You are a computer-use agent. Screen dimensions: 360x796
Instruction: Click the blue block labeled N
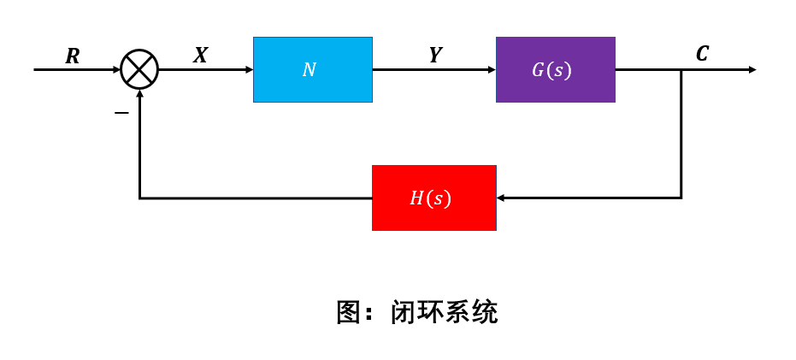tap(312, 69)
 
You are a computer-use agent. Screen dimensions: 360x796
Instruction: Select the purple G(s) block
tap(555, 69)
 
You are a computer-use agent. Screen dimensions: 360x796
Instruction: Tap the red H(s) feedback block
tap(433, 198)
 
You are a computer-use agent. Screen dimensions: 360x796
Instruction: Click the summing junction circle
tap(139, 69)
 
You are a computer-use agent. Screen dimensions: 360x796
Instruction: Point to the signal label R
tap(73, 56)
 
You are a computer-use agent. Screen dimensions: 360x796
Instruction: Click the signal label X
tap(200, 56)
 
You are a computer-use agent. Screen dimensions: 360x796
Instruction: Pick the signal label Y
tap(435, 56)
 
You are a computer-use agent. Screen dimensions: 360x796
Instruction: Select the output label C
tap(702, 54)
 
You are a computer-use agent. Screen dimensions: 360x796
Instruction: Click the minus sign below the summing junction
tap(121, 112)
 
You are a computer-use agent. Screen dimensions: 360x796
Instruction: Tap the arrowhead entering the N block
tap(248, 69)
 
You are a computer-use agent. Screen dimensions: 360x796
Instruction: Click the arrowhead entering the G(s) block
tap(491, 69)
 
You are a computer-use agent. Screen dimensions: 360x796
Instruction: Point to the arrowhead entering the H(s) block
tap(501, 198)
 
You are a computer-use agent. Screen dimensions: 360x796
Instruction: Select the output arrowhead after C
tap(752, 69)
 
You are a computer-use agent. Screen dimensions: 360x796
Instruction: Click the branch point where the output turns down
tap(681, 69)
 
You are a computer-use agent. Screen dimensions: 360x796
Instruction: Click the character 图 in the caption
tap(349, 312)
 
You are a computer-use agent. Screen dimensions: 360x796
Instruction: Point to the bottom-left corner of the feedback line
tap(139, 198)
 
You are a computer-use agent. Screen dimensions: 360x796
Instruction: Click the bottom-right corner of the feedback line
tap(681, 198)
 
